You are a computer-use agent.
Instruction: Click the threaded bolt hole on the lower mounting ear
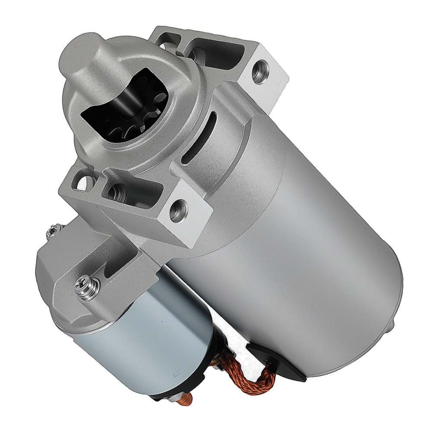tap(178, 210)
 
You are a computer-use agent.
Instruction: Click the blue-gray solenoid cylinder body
tap(143, 341)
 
